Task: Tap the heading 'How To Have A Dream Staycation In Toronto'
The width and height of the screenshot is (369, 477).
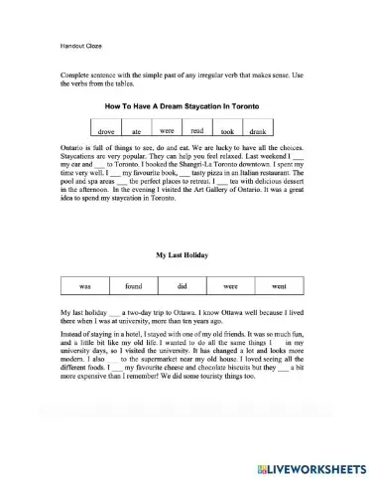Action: pyautogui.click(x=184, y=103)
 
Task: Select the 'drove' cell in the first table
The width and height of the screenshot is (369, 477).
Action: pyautogui.click(x=108, y=130)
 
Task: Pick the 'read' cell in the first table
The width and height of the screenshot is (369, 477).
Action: pyautogui.click(x=196, y=130)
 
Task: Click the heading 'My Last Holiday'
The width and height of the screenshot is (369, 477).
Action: pyautogui.click(x=184, y=255)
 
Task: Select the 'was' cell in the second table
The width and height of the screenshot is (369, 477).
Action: pyautogui.click(x=85, y=286)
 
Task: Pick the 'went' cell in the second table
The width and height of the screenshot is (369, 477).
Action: pyautogui.click(x=279, y=286)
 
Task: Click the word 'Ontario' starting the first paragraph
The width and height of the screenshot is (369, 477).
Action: pyautogui.click(x=74, y=147)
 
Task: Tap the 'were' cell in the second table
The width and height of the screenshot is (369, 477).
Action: pyautogui.click(x=231, y=286)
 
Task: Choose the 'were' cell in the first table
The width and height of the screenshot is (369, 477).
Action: pyautogui.click(x=167, y=130)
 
